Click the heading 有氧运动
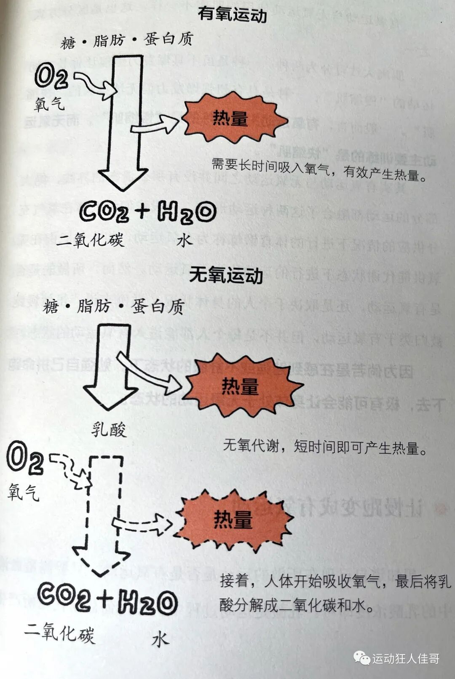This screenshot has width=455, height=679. pyautogui.click(x=232, y=15)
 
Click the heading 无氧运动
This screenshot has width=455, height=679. pyautogui.click(x=226, y=275)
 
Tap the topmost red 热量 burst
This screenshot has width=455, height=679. pyautogui.click(x=231, y=119)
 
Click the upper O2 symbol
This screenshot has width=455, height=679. pyautogui.click(x=51, y=76)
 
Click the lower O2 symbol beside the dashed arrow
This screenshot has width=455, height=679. pyautogui.click(x=25, y=460)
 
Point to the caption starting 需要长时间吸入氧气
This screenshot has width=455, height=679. pyautogui.click(x=319, y=169)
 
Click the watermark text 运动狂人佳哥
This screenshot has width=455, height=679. pyautogui.click(x=406, y=659)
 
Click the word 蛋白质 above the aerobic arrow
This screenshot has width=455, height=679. pyautogui.click(x=168, y=39)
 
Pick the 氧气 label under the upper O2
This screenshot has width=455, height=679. pyautogui.click(x=49, y=104)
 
